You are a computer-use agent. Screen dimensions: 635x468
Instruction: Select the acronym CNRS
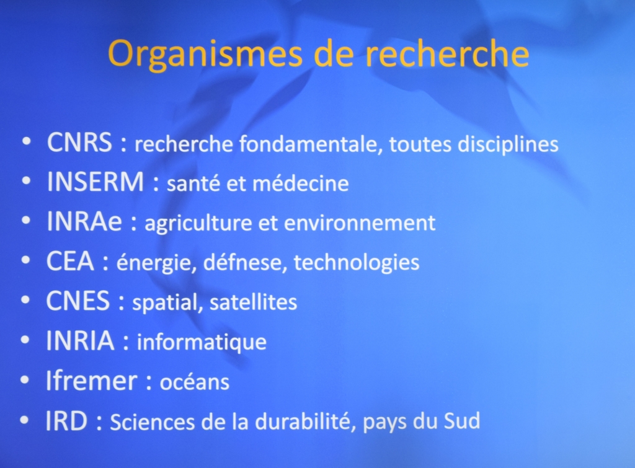[x=79, y=143]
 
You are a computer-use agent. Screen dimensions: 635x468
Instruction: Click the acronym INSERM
[x=95, y=182]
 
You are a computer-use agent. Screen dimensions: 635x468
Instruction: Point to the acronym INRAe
[x=84, y=221]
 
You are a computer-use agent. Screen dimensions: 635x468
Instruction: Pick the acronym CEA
[x=70, y=261]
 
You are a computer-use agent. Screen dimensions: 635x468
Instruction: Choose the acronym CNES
[x=78, y=301]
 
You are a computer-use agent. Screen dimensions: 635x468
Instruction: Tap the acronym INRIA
[x=80, y=340]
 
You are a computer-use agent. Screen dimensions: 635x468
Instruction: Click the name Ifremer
[x=92, y=381]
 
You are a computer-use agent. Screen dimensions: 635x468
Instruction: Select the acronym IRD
[x=66, y=421]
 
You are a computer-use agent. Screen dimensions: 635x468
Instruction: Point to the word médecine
[x=301, y=183]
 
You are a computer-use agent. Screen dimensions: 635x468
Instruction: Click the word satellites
[x=253, y=302]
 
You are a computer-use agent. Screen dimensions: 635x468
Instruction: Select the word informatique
[x=202, y=343]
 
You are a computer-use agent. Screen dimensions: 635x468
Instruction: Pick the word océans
[x=194, y=382]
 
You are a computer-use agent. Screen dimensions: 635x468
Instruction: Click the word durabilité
[x=306, y=422]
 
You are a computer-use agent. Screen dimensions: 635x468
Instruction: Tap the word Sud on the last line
[x=462, y=421]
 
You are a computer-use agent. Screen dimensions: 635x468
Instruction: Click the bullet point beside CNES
[x=25, y=301]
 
